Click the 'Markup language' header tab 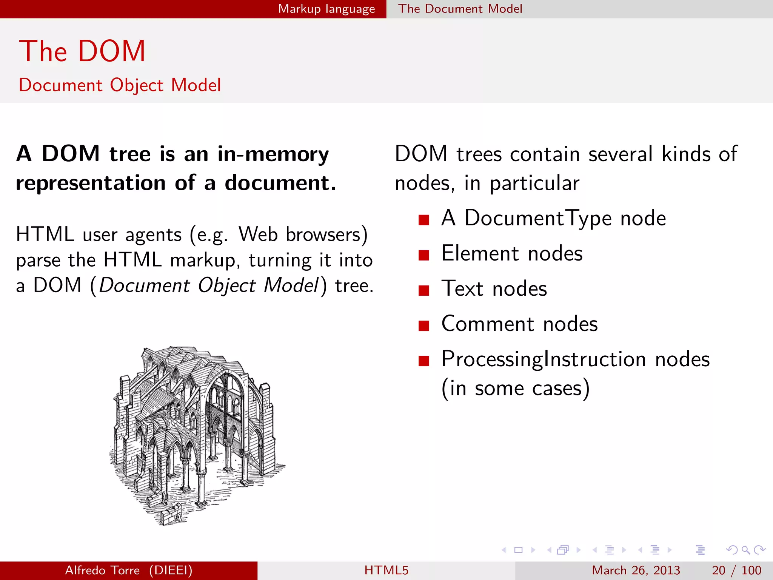[326, 9]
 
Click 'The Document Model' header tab [460, 9]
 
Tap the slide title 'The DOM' [82, 51]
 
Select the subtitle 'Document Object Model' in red [120, 85]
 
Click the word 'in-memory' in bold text [273, 154]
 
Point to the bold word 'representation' [91, 183]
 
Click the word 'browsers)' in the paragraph [327, 234]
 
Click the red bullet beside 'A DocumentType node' [424, 220]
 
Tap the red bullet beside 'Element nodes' [424, 255]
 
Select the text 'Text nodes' [494, 289]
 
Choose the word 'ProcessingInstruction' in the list [544, 359]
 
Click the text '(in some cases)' [515, 389]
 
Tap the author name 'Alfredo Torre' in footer [102, 570]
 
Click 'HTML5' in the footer [386, 570]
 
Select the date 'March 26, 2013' [636, 570]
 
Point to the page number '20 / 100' [736, 570]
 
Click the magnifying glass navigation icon [745, 550]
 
